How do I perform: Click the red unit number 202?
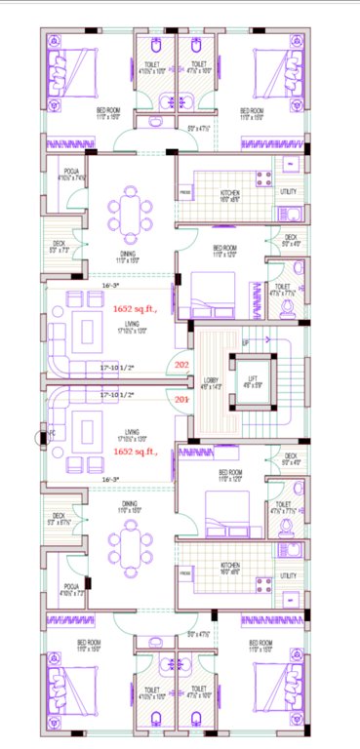click(180, 365)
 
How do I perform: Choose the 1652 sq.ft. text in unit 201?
click(134, 453)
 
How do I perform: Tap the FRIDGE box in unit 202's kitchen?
click(184, 193)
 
